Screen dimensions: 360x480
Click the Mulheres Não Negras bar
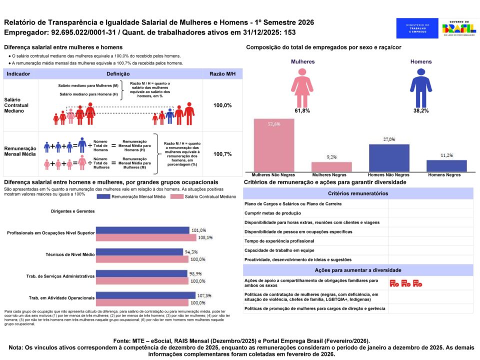click(273, 145)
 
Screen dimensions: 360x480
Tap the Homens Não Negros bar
click(389, 158)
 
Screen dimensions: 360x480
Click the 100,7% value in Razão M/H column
click(222, 154)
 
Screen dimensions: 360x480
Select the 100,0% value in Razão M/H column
click(222, 105)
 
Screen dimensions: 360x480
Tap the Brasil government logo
click(459, 28)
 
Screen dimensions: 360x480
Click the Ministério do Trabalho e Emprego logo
click(417, 28)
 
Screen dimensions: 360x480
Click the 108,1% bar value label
click(198, 238)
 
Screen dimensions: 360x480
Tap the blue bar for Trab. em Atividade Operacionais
click(143, 295)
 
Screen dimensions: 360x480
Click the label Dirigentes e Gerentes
click(72, 211)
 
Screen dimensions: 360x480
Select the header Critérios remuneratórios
click(358, 193)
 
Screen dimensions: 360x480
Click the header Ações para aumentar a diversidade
click(358, 270)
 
